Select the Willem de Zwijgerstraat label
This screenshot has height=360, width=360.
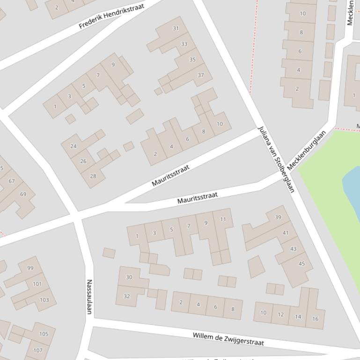click(228, 339)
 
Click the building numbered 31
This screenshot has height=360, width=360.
click(176, 28)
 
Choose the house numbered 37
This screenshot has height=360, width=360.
click(201, 75)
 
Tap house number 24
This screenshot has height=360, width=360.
click(73, 146)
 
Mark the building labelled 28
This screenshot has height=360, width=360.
click(93, 176)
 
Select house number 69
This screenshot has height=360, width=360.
click(23, 194)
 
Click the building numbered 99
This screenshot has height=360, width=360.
click(30, 268)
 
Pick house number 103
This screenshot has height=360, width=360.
click(44, 300)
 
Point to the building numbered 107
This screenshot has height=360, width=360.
click(38, 350)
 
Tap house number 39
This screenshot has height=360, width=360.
click(278, 217)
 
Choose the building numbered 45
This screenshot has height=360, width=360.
click(301, 264)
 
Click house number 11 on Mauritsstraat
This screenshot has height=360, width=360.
click(223, 219)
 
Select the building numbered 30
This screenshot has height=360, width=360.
click(129, 277)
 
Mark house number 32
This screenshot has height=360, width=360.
click(126, 296)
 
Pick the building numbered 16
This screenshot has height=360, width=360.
click(315, 318)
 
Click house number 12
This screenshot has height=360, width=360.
click(280, 314)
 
